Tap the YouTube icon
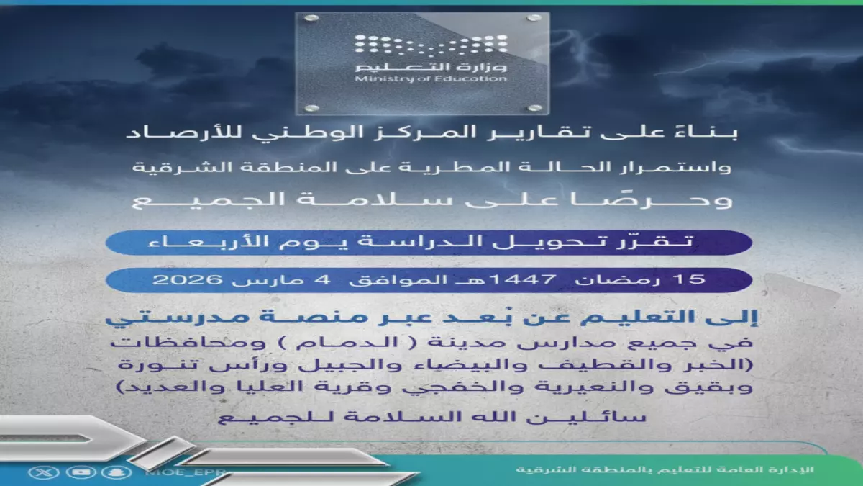tap(76, 472)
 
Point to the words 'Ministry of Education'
tap(431, 78)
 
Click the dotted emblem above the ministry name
tap(431, 44)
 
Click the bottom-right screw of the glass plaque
tap(533, 108)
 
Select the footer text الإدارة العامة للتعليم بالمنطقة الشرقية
tap(665, 469)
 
